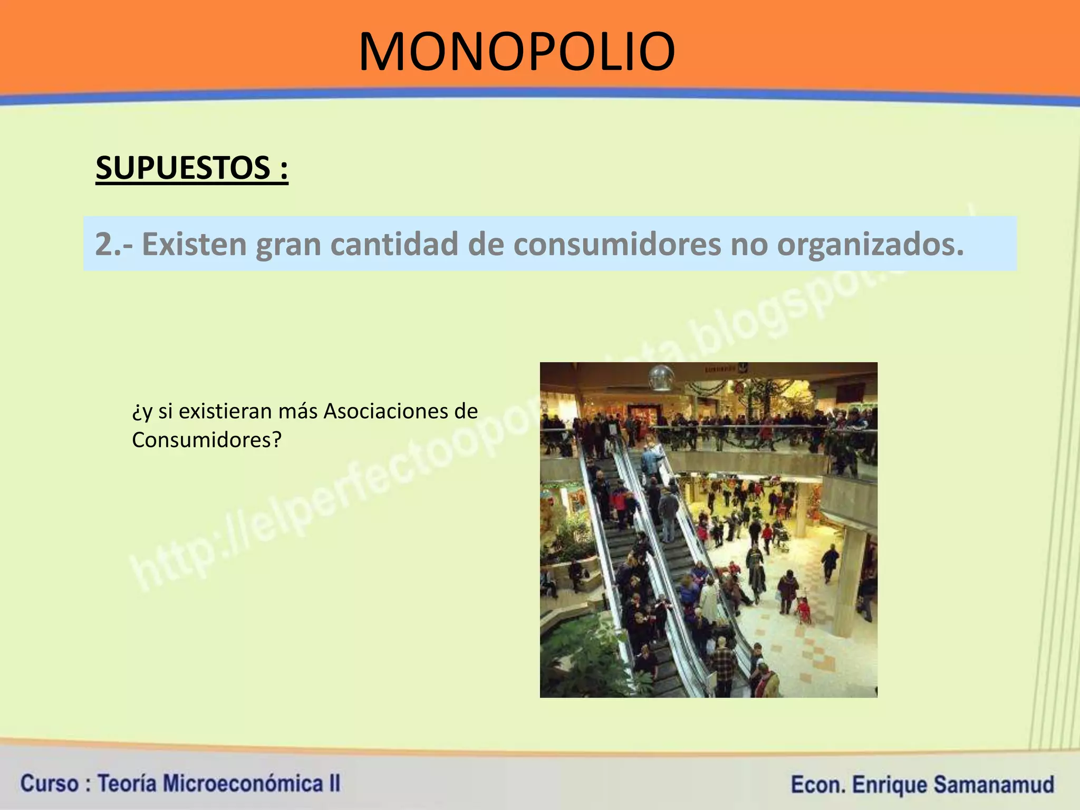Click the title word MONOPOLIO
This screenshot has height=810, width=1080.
(517, 52)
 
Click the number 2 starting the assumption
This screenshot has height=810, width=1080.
(103, 244)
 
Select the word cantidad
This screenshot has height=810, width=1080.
(395, 244)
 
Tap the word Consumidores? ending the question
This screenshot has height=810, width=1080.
(207, 440)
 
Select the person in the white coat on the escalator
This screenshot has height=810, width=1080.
(709, 601)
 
